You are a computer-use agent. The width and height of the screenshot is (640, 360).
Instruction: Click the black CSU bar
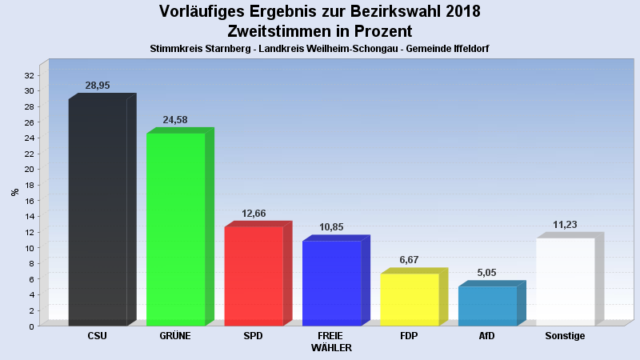click(98, 212)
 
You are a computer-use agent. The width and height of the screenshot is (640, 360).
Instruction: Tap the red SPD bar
click(254, 276)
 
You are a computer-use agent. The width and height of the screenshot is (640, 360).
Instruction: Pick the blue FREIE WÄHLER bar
click(332, 283)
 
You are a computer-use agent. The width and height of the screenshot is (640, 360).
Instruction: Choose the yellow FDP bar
click(410, 299)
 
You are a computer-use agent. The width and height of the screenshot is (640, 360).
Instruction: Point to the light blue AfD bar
click(487, 306)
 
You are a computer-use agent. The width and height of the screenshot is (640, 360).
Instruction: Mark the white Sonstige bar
click(566, 282)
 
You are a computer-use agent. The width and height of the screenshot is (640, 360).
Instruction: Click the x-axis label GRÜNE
click(175, 336)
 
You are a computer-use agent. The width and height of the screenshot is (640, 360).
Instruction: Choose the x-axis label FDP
click(410, 336)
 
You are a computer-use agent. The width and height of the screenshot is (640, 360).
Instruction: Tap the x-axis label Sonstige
click(565, 336)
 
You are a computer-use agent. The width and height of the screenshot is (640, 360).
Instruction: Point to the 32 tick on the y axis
click(29, 75)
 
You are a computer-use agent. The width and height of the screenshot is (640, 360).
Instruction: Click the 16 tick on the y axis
click(29, 201)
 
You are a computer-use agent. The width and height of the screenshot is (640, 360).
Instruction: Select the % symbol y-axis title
click(14, 192)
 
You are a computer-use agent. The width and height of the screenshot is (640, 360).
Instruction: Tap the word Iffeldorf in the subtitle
click(469, 49)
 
